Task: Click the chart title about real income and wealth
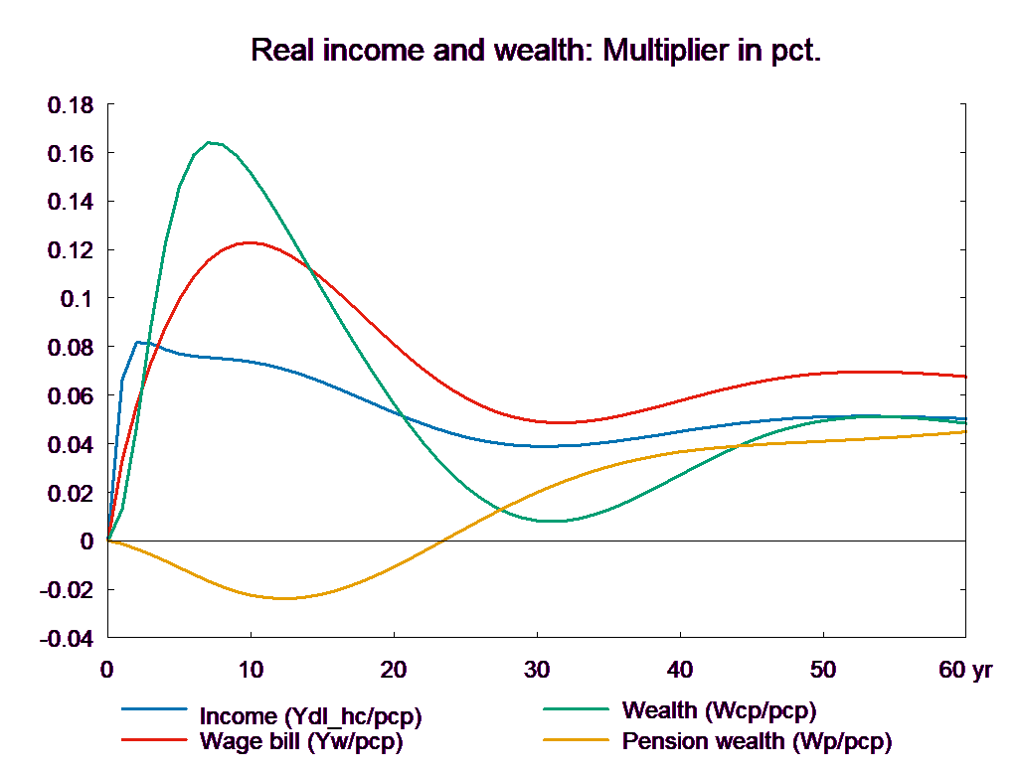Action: [x=537, y=50]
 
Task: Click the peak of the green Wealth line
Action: [x=209, y=142]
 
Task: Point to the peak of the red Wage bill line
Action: [x=250, y=242]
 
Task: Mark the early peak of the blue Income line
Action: [x=137, y=342]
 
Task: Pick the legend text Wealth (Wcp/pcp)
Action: [x=719, y=711]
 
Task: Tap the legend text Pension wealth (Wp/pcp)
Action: [x=757, y=741]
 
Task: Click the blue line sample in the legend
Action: [x=154, y=709]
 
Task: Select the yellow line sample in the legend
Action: [x=576, y=740]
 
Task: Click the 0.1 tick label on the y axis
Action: [x=79, y=299]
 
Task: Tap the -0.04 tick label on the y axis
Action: [x=66, y=639]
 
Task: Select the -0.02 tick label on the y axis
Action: [x=66, y=590]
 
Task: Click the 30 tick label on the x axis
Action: [x=537, y=670]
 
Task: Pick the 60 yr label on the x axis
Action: [x=965, y=670]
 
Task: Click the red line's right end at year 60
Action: [x=966, y=377]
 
